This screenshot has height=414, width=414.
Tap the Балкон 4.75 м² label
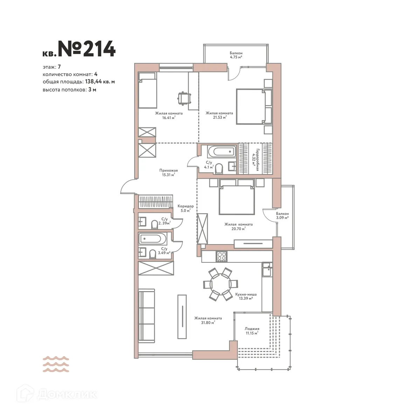[x=236, y=55]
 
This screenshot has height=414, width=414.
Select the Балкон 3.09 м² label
[x=282, y=215]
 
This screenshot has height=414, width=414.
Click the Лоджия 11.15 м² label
[x=252, y=331]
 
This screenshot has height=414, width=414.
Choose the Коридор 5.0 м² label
[x=185, y=208]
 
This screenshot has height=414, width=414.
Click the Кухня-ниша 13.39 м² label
[x=244, y=296]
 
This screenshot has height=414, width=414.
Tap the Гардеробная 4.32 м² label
[x=255, y=160]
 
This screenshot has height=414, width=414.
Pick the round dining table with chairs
[x=221, y=284]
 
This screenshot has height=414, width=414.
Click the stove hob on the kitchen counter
[x=221, y=256]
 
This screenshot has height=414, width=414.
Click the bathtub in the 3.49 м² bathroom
[x=151, y=239]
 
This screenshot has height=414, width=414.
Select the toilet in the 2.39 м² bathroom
[x=154, y=225]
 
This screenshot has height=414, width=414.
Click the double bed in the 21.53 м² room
[x=250, y=106]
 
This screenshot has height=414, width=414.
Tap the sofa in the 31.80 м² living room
[x=146, y=316]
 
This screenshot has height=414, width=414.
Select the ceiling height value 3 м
[x=92, y=89]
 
